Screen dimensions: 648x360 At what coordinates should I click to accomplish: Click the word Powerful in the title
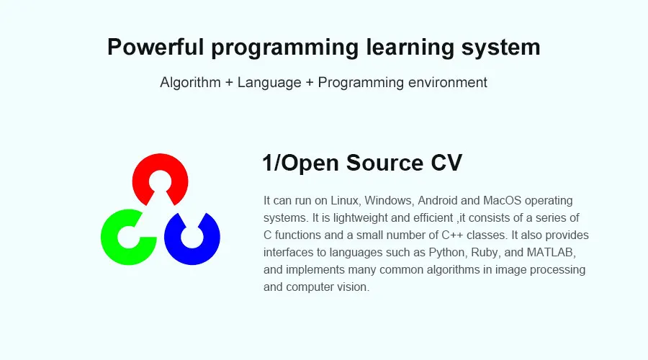click(x=156, y=47)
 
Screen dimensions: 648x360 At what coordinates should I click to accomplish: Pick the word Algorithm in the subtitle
click(x=190, y=83)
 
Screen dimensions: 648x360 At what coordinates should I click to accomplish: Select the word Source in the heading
click(x=384, y=163)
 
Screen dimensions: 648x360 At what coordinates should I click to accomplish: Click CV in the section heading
click(x=446, y=163)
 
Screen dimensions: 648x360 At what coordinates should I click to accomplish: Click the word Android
click(x=438, y=201)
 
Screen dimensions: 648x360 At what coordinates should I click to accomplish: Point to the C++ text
click(x=452, y=235)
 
